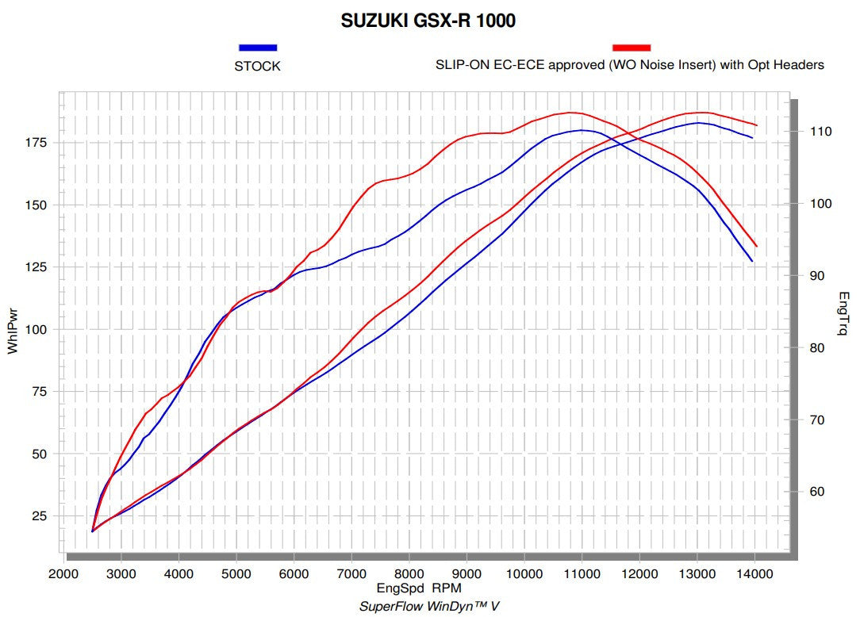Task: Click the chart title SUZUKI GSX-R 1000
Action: tap(428, 21)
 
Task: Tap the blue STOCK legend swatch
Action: tap(257, 48)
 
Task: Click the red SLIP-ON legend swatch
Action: tap(631, 48)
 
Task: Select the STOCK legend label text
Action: tap(257, 67)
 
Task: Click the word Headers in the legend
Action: tap(799, 65)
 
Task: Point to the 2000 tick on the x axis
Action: tap(63, 573)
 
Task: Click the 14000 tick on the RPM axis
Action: tap(754, 573)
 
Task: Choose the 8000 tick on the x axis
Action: tap(409, 573)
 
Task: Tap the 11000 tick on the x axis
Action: tap(582, 573)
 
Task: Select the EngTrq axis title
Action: tap(843, 313)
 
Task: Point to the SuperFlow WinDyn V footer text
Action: tap(429, 606)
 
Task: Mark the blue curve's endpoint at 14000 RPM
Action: tap(752, 260)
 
